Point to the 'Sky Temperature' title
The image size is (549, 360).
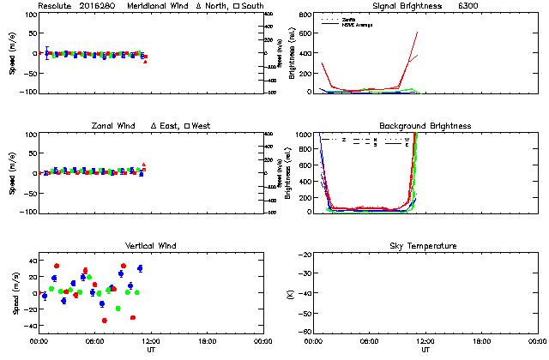pos(425,246)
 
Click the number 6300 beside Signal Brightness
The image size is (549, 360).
pos(492,6)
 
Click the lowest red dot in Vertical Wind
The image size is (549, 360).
pos(105,321)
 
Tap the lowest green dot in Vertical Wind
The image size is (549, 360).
pos(118,309)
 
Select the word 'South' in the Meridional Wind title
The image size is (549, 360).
pos(252,6)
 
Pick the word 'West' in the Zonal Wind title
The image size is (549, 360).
pos(202,126)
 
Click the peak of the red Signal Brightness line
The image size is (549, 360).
pos(417,33)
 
